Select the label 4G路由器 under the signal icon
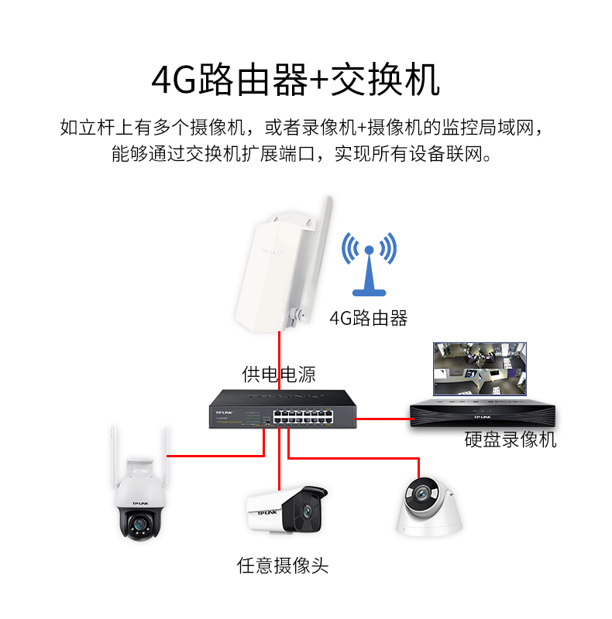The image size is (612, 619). [x=369, y=317]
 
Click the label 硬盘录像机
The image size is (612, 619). [x=510, y=440]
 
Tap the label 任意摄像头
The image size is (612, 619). [x=283, y=566]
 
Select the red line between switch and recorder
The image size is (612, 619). [x=383, y=419]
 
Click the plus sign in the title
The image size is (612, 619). [x=318, y=80]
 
